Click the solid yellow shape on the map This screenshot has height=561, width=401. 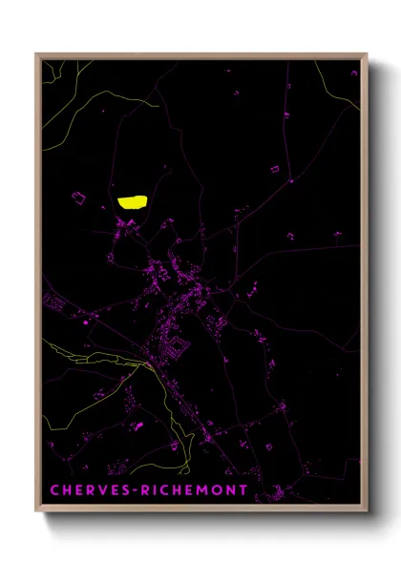tap(133, 201)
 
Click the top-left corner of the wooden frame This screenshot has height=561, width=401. tap(37, 54)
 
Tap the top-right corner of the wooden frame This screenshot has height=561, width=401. tap(367, 54)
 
